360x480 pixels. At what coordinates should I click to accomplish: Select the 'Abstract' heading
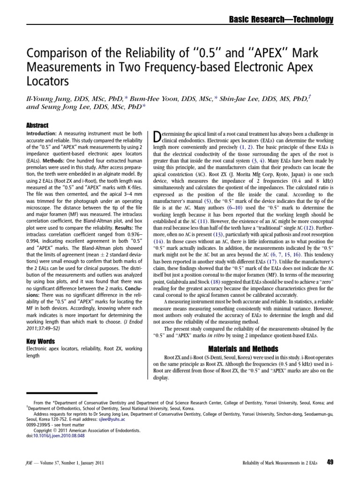click(x=38, y=126)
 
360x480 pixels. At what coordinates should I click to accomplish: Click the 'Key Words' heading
click(x=41, y=342)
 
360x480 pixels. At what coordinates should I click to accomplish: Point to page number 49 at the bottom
click(x=330, y=463)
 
